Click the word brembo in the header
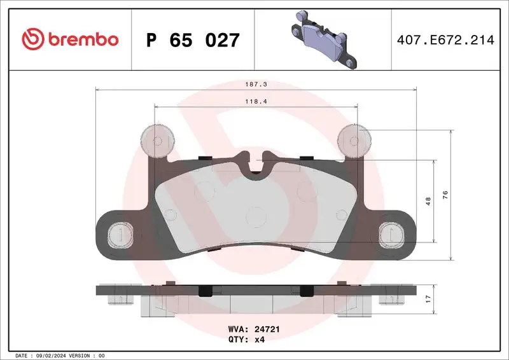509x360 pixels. tap(81, 40)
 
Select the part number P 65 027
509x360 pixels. tap(193, 41)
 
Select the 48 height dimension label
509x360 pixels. tap(428, 201)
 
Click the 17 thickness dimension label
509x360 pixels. tap(428, 297)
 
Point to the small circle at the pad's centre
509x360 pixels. tap(256, 217)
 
